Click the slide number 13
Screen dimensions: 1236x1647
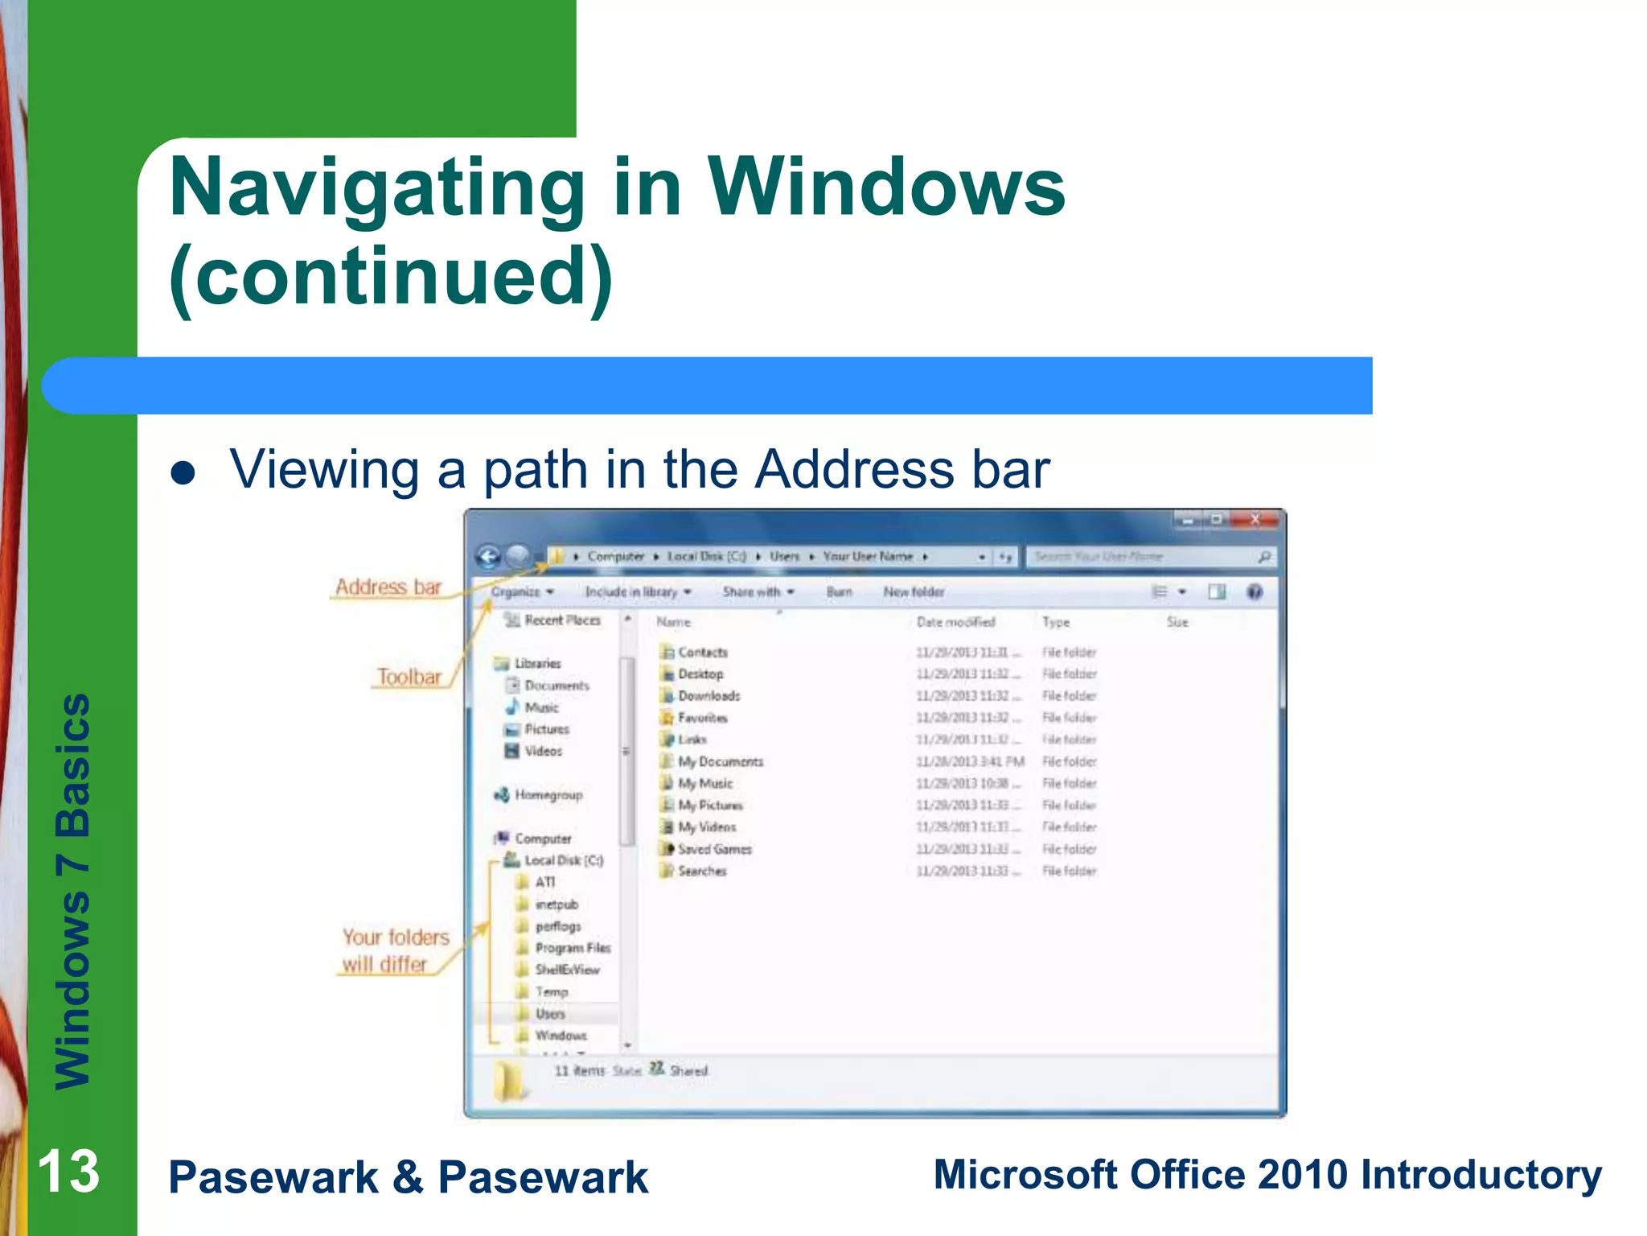68,1172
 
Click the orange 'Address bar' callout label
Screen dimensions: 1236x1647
388,587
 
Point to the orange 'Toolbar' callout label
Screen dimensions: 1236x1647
409,677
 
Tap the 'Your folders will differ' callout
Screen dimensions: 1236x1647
395,950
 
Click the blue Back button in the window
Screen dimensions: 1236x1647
488,556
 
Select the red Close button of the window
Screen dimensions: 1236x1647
1255,520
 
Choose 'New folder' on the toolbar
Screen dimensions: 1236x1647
914,591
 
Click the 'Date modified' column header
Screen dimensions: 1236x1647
955,622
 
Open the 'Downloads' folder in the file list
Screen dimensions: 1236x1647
708,696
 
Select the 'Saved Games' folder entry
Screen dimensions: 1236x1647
714,849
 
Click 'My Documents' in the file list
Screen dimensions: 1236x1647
720,761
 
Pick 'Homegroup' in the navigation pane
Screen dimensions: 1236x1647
548,795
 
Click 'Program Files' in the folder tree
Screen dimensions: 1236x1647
573,948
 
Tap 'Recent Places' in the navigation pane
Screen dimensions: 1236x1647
562,620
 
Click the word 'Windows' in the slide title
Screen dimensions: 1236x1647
885,187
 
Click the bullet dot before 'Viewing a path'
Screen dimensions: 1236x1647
183,472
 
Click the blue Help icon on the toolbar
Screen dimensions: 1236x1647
1254,592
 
